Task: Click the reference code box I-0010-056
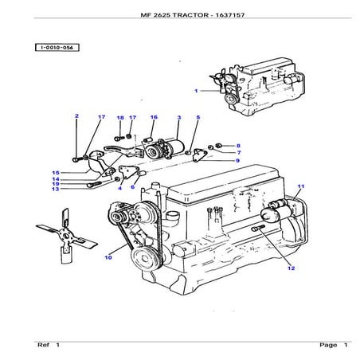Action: pos(57,48)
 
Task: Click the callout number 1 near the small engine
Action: pos(196,92)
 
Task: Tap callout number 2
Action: pos(76,117)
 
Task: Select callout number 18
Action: pos(119,118)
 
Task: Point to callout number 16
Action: pos(154,117)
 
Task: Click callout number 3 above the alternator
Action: pos(179,118)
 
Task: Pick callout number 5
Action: pos(198,118)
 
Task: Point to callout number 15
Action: pos(57,173)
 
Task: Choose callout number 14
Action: pos(57,179)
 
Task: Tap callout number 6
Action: pos(133,187)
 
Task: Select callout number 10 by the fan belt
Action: pos(108,257)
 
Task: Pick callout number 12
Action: pos(292,268)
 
